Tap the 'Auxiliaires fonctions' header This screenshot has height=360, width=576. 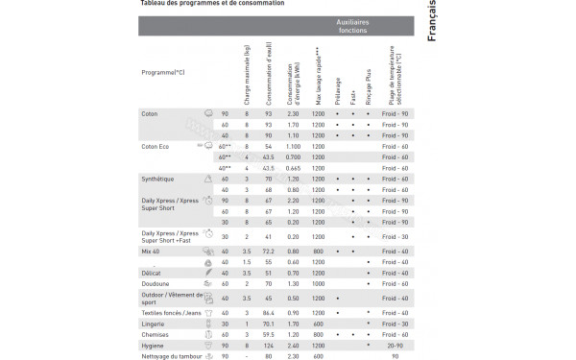coord(352,26)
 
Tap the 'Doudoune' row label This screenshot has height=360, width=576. coord(157,283)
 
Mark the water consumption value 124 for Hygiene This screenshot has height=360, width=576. coord(268,346)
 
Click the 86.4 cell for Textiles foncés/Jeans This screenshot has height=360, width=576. coord(268,313)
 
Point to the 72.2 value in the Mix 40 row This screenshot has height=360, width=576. coord(268,252)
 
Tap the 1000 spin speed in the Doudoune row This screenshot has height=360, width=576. coord(318,283)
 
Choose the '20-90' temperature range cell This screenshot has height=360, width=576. coord(393,346)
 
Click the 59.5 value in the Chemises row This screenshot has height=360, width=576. coord(268,335)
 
